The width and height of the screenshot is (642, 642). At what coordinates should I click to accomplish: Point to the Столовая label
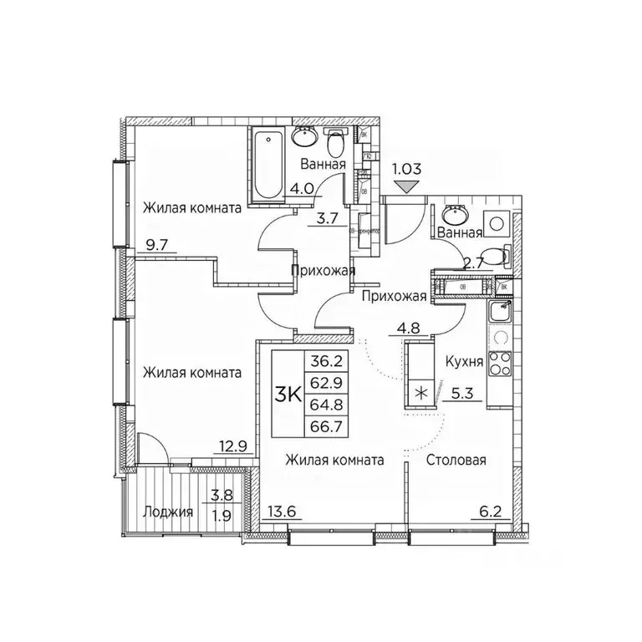[x=456, y=460]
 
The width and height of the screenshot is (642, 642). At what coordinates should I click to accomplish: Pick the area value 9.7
[x=155, y=247]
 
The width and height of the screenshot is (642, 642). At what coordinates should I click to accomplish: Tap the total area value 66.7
[x=327, y=430]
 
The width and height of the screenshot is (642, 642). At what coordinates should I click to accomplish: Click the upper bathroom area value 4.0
[x=302, y=188]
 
